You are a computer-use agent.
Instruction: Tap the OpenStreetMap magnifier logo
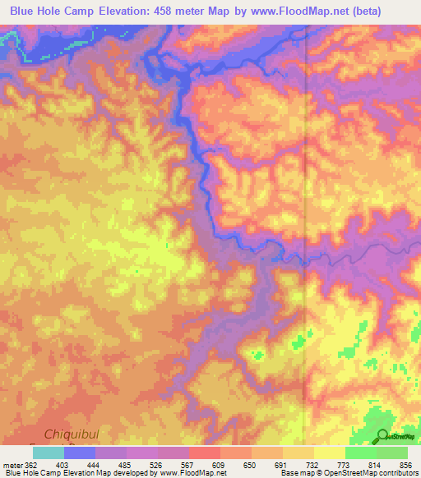click(x=382, y=435)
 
